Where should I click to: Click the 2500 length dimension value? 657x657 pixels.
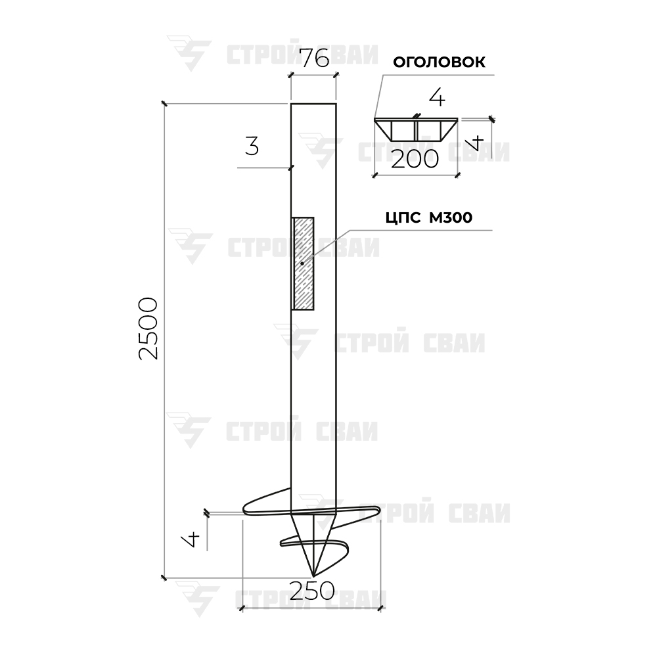tap(148, 328)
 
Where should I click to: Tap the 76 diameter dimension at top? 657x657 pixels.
tap(315, 58)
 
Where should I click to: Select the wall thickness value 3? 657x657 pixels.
tap(252, 147)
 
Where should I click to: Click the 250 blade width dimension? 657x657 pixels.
tap(312, 591)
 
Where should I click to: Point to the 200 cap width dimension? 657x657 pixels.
tap(415, 159)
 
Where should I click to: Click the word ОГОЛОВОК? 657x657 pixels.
tap(439, 62)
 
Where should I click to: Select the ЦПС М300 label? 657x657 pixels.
tap(429, 217)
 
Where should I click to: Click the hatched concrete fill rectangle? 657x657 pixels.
tap(302, 263)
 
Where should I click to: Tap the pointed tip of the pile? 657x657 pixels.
tap(313, 576)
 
